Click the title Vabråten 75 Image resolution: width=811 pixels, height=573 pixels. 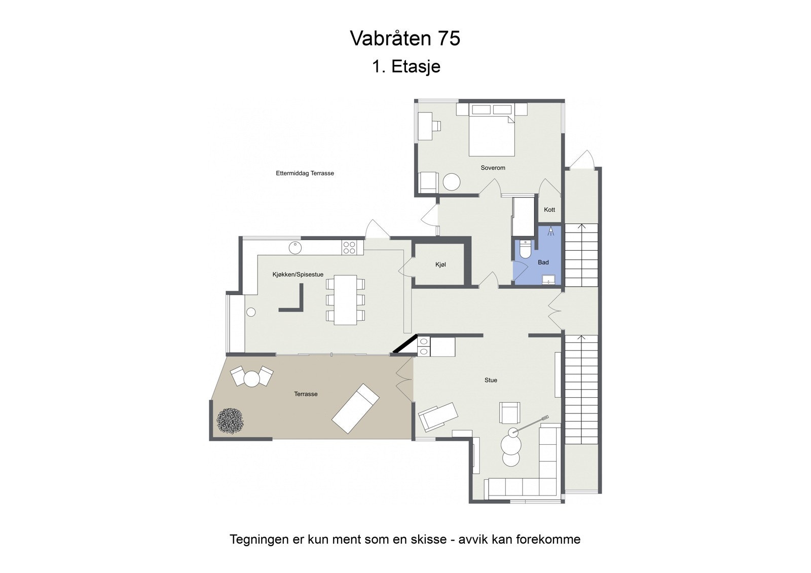coord(405,39)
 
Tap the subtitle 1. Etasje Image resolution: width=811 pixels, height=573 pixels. coord(406,66)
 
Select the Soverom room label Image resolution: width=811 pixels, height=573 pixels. coord(493,168)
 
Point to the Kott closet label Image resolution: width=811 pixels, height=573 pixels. coord(549,210)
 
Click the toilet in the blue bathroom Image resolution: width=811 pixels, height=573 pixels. coord(526,249)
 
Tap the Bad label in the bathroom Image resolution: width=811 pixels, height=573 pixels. coord(543,262)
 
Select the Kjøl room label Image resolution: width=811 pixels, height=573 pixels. coord(440,264)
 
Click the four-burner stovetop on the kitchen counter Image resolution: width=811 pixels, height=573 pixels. coord(349,248)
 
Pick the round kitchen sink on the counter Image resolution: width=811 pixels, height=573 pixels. coord(296,248)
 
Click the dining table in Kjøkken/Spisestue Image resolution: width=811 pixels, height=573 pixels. coord(345,299)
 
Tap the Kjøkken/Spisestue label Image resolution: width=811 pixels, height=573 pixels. coord(298,275)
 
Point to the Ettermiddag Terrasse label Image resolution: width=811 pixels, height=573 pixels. coord(305,173)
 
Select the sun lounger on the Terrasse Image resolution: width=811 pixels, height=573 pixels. coord(355,408)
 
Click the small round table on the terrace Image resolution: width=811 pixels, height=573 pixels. coord(252,378)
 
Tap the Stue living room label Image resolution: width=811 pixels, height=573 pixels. coord(491,380)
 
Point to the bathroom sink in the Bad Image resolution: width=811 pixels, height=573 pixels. coord(548,279)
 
